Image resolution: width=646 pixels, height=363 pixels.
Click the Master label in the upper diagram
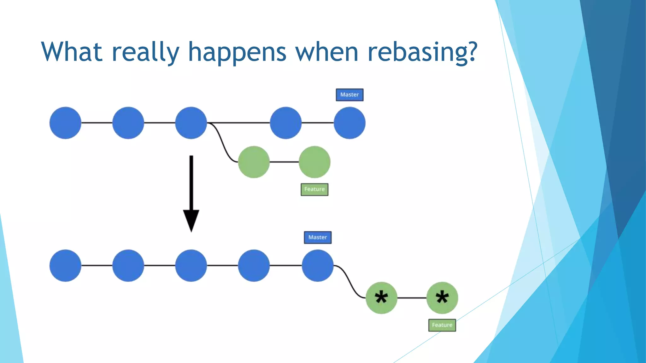(x=349, y=95)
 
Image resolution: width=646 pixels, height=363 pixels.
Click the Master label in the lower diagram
(x=318, y=238)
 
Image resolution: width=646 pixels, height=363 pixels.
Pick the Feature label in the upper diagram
(x=314, y=189)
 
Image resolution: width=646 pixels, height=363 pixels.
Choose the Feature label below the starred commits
(x=442, y=325)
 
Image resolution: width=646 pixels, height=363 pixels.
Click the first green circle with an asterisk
(x=381, y=298)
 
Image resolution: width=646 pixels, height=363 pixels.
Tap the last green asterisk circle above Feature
(x=442, y=298)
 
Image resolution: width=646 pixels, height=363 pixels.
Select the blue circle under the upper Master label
(x=349, y=123)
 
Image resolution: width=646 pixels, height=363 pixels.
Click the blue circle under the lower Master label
(x=318, y=266)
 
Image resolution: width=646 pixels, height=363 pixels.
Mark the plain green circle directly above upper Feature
(x=314, y=162)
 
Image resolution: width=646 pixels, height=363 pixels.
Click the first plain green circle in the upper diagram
(x=254, y=162)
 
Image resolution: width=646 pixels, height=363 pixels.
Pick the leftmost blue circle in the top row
(x=65, y=123)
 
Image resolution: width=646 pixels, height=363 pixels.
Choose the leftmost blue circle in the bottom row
(x=65, y=266)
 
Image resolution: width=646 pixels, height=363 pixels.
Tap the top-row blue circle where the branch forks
(x=191, y=123)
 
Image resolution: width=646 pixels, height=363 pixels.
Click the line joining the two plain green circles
(x=284, y=162)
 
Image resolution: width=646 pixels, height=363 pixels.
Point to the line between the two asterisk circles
(x=412, y=298)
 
